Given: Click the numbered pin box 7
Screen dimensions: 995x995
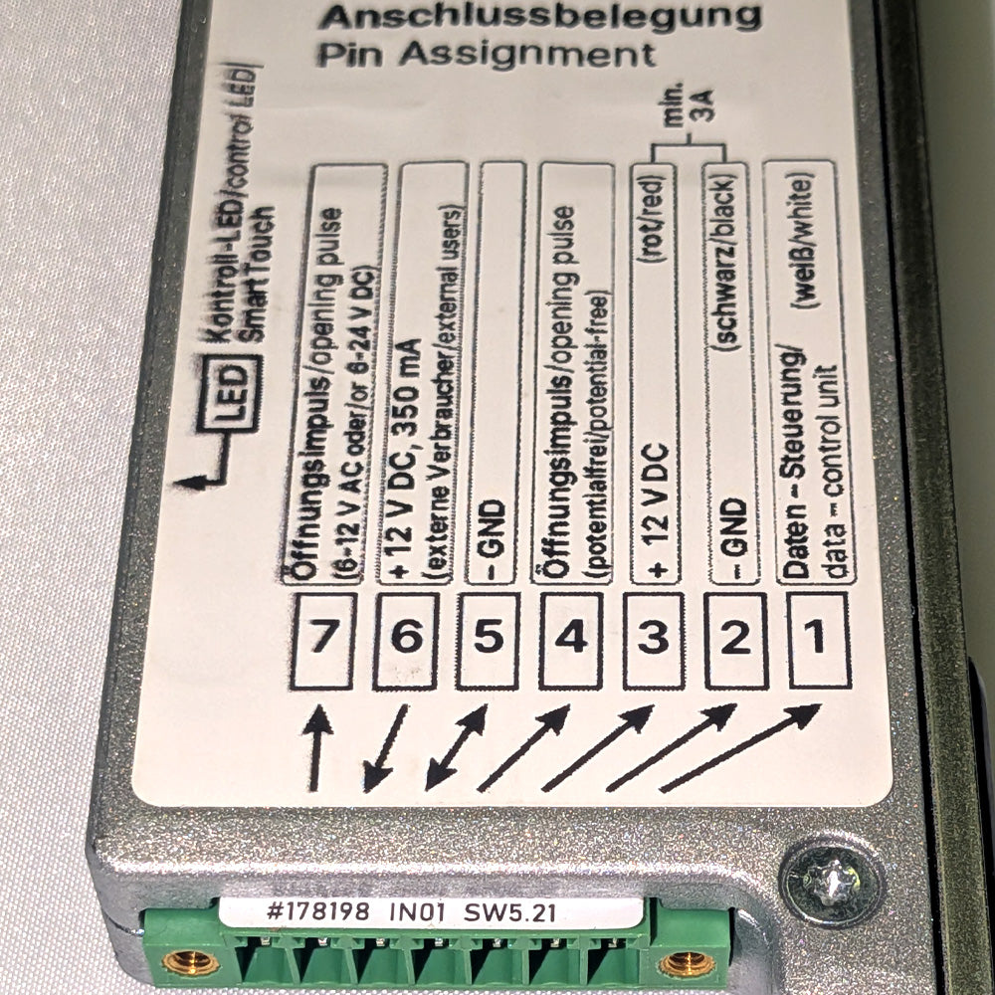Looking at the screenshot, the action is tap(323, 640).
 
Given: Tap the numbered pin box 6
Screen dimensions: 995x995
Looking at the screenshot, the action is tap(406, 640).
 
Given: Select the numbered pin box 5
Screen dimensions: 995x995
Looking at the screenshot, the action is tap(488, 640).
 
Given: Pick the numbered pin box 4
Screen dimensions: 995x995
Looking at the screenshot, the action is tap(571, 640).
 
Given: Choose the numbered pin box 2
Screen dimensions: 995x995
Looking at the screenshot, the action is tap(736, 640).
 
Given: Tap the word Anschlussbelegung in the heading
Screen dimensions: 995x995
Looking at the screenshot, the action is tap(540, 17).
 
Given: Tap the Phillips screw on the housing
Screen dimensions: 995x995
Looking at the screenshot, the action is tap(831, 883).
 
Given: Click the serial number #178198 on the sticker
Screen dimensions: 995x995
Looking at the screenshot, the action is tap(317, 911).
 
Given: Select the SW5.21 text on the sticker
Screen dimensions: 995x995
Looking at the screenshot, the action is tap(510, 912).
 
